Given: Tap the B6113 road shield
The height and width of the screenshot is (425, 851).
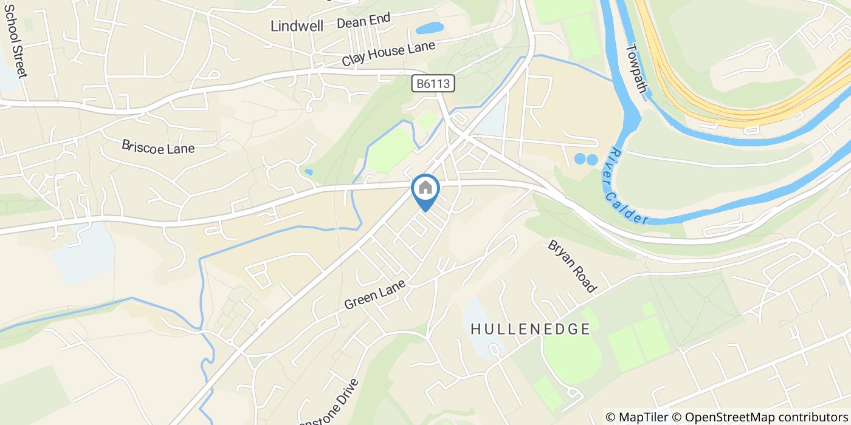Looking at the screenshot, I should (x=433, y=83).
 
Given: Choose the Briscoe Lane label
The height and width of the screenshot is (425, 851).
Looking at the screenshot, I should (x=158, y=147).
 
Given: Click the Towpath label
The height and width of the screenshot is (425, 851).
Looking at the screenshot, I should (x=636, y=67).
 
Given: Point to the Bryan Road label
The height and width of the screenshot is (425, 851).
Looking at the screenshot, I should (x=573, y=266).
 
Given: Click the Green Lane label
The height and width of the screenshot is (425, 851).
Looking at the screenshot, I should (x=374, y=293).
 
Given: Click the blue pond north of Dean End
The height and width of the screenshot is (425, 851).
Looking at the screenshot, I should (x=430, y=28).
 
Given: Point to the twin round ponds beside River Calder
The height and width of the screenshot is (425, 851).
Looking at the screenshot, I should (x=586, y=160).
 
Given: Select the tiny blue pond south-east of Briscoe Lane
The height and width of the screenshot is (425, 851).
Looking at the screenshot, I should (x=309, y=172).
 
